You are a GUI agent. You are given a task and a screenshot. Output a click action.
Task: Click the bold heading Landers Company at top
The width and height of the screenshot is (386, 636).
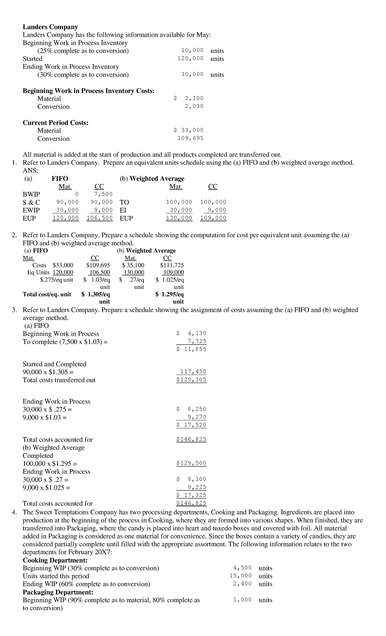tap(50, 27)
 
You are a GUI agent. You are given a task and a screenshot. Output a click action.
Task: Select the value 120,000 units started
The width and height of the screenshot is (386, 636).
tap(190, 59)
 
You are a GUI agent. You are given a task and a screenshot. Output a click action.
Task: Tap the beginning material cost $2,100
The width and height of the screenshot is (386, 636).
tap(189, 98)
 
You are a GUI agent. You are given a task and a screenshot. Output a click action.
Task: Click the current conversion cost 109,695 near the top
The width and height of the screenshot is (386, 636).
tap(190, 138)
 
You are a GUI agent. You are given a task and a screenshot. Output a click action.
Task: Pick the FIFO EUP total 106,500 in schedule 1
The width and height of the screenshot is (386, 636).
tap(100, 218)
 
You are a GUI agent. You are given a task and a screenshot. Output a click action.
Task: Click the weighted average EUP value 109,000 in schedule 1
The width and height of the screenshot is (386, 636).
tap(213, 218)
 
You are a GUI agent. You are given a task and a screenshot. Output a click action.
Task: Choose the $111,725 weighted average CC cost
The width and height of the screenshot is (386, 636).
tap(172, 265)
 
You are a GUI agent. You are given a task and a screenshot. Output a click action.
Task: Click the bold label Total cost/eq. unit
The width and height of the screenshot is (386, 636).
tap(47, 294)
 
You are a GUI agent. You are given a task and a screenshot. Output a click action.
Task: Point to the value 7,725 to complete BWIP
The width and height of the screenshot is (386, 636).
tap(197, 341)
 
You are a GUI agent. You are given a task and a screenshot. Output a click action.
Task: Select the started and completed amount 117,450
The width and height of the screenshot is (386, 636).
tap(193, 371)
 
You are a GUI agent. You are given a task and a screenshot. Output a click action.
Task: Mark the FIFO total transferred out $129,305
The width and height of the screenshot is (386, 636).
tap(191, 379)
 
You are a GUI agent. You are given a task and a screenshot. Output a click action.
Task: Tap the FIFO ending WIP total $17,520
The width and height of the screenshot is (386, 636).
tap(191, 425)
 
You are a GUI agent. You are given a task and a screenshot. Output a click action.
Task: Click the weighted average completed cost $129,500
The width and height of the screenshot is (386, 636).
tap(191, 463)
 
